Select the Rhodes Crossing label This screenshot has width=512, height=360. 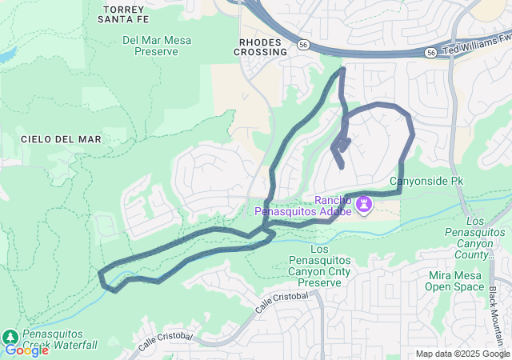click(261, 46)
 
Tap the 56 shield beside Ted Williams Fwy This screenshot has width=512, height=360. click(431, 53)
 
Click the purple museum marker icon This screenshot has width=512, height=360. click(365, 205)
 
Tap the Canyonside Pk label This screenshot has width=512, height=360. click(426, 182)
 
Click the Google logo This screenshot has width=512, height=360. click(27, 350)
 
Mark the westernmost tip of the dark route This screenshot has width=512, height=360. click(100, 274)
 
